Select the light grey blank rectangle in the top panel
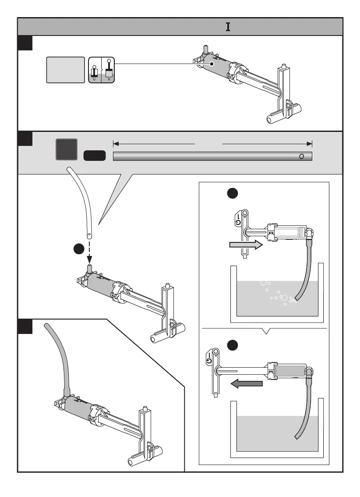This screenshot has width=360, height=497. coord(65,70)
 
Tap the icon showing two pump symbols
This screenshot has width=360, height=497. coord(101,70)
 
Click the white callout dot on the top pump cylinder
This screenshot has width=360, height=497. coord(211,64)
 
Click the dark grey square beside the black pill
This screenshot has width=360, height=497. coord(67,149)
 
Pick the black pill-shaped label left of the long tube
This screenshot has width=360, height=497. coord(94,155)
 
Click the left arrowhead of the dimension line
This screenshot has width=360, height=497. coord(116,143)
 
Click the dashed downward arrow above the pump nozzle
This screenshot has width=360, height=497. coord(89,250)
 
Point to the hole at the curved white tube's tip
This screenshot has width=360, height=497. coord(89,234)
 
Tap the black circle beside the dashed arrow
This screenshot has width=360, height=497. coord(79,249)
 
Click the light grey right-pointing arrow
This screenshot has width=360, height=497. coord(246,246)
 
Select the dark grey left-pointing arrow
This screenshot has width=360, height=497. coord(246,384)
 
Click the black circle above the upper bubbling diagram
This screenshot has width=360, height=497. coord(233,194)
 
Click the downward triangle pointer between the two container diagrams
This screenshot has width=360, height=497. coord(265,331)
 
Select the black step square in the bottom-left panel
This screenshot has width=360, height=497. coord(25,327)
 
